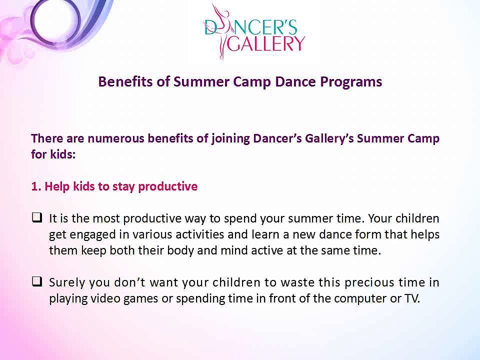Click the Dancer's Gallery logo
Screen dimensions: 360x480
(253, 31)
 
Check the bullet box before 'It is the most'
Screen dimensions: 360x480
(36, 218)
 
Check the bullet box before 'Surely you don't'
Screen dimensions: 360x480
(36, 282)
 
